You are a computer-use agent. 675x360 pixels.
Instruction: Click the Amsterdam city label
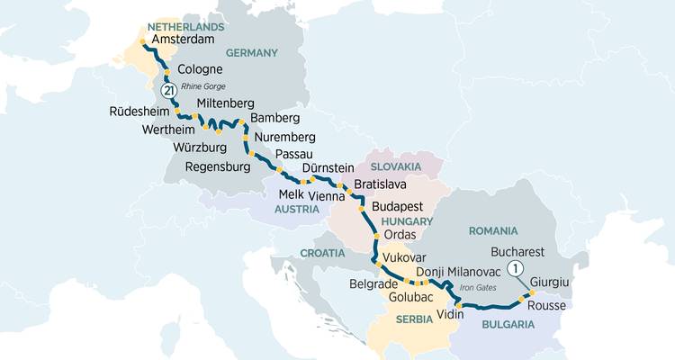(x=185, y=40)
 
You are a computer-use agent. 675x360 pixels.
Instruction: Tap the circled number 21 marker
(x=167, y=90)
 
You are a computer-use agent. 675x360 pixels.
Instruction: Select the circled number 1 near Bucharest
(x=515, y=267)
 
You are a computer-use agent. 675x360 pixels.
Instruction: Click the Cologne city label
(x=201, y=69)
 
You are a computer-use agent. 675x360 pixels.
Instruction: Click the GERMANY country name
(x=252, y=53)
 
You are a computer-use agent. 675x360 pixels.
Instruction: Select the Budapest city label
(x=397, y=207)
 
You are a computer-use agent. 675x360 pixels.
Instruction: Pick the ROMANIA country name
(x=493, y=231)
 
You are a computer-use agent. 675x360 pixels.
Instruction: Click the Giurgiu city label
(x=551, y=283)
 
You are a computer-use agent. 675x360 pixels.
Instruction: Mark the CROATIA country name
(x=322, y=253)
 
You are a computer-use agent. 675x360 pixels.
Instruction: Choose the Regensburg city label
(x=217, y=167)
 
